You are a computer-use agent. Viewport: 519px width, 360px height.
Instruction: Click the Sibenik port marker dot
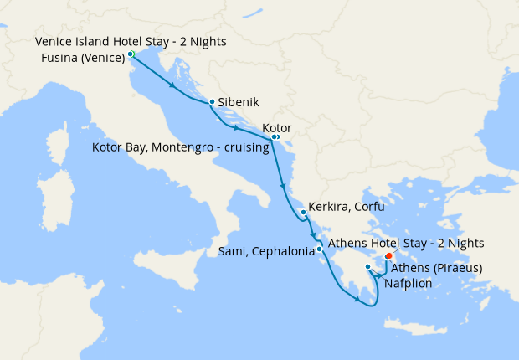coord(212,102)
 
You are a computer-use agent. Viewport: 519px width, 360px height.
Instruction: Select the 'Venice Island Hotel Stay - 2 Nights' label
coord(131,41)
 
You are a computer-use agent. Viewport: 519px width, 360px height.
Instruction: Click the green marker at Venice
coord(131,54)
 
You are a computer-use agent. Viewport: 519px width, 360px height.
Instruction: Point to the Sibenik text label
coord(237,102)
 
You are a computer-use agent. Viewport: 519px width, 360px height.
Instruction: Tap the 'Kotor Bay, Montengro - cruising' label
coord(180,148)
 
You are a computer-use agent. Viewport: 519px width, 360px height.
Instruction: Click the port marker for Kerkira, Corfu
coord(303,212)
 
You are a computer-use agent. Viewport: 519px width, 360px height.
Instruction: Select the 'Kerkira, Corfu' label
coord(346,206)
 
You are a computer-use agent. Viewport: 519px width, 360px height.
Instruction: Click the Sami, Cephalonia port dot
coord(320,249)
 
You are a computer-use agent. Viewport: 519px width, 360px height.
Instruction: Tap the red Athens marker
coord(388,256)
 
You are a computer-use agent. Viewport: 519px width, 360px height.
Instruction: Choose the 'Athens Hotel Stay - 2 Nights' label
coord(406,244)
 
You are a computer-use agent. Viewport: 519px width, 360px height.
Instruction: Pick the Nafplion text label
coord(409,284)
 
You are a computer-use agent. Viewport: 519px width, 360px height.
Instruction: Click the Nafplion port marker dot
coord(368,267)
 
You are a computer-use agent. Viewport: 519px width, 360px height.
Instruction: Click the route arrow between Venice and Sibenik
coord(172,86)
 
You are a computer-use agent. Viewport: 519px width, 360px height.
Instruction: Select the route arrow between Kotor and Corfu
coord(283,185)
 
